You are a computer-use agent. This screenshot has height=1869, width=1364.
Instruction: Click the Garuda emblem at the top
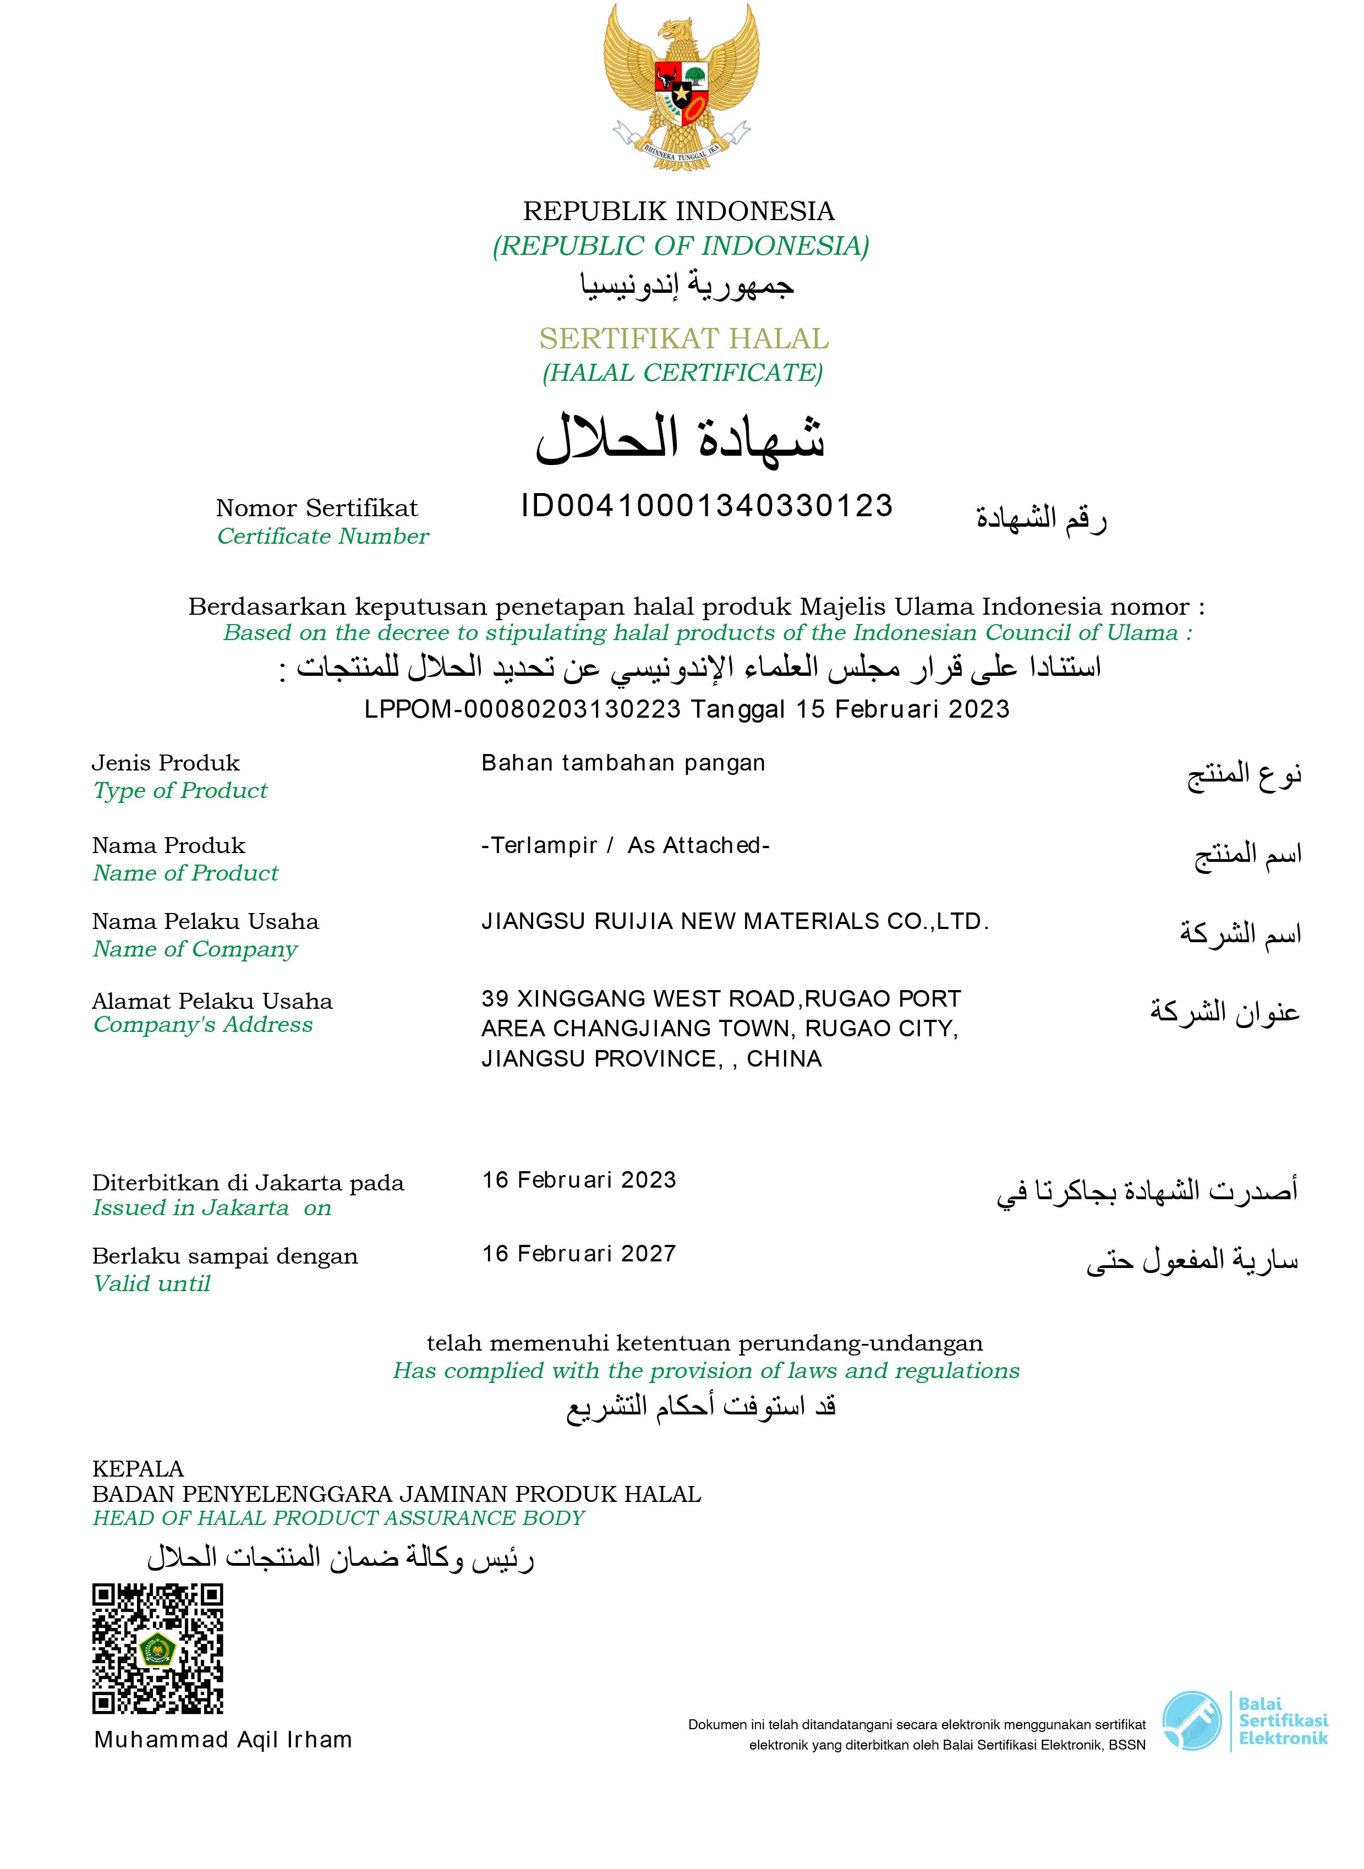681,87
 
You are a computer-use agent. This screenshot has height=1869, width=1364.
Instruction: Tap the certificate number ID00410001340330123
707,505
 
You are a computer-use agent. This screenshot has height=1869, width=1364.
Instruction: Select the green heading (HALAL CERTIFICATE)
682,373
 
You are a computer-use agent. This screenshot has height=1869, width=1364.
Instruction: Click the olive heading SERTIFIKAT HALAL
684,338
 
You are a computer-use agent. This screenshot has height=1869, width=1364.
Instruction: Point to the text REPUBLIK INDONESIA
678,211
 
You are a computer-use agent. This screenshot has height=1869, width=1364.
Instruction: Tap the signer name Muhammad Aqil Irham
223,1739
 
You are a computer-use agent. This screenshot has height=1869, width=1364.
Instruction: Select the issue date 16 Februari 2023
579,1179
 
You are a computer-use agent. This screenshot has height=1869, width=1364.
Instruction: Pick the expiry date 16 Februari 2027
579,1254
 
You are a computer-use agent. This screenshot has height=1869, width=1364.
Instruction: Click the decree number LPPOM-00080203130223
523,709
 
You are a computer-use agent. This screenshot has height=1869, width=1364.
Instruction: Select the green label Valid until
152,1283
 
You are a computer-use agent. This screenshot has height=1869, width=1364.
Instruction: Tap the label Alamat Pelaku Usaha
212,1001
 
